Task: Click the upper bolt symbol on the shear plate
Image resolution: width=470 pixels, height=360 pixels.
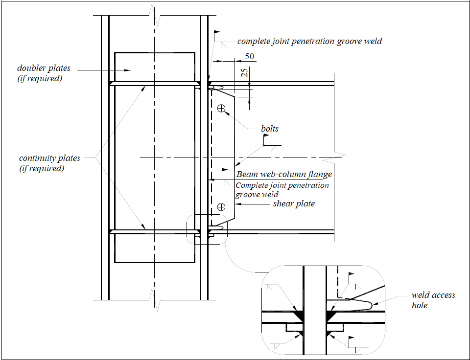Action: tap(221, 108)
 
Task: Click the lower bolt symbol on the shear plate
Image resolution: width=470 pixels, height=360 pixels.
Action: tap(221, 207)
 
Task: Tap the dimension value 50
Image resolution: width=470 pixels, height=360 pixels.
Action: tap(249, 56)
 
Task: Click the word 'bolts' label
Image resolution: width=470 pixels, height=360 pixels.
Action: tap(269, 129)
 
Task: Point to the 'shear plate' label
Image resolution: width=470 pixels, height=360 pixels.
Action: tap(294, 203)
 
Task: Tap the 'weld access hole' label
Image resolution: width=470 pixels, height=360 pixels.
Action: tap(433, 300)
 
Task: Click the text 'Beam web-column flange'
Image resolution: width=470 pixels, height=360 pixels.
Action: tap(284, 174)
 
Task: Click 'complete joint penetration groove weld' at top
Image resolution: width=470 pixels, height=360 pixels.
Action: tap(309, 41)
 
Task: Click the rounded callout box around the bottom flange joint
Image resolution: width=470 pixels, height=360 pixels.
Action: tap(207, 229)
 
